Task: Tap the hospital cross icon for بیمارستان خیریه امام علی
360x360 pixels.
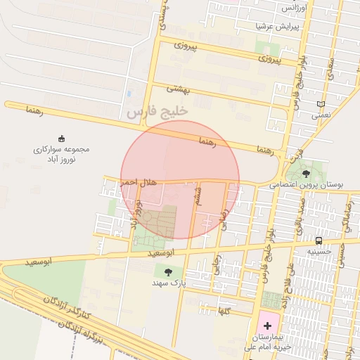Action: (x=267, y=326)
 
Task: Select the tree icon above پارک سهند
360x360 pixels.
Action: (x=167, y=271)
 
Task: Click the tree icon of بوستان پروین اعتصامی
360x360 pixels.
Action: (x=306, y=174)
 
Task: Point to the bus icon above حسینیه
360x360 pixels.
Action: (x=320, y=238)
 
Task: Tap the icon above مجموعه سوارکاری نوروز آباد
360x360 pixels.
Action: (x=61, y=139)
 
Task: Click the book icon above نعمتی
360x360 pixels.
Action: (x=321, y=104)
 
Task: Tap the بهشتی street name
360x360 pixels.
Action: (x=179, y=89)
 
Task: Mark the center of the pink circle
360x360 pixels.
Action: (x=180, y=179)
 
